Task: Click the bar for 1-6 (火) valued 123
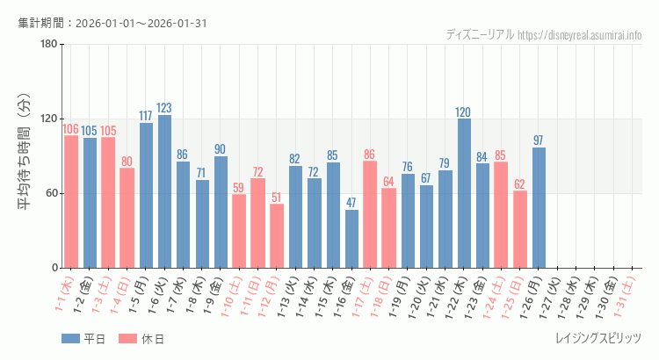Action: pos(164,191)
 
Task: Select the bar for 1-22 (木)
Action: pos(464,193)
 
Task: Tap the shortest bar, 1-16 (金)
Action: pos(351,239)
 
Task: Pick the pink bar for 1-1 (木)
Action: pos(71,202)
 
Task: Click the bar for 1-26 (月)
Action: pos(539,207)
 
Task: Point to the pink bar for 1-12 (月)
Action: pos(277,236)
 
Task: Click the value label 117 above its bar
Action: pos(146,116)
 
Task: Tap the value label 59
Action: pos(239,187)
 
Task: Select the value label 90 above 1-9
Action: pos(221,149)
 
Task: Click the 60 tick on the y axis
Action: pos(50,193)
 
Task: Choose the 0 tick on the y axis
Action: pos(54,268)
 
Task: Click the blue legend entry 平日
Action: pos(83,339)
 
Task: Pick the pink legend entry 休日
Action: pos(141,339)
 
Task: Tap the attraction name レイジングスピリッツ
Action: pos(598,339)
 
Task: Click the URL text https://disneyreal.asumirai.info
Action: pos(580,35)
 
